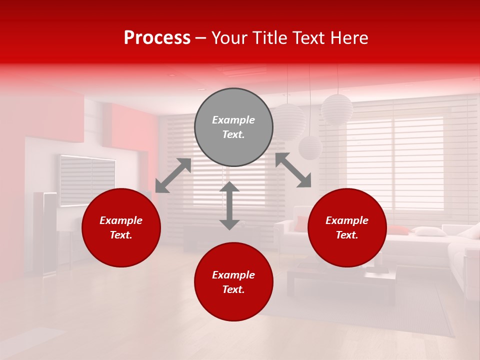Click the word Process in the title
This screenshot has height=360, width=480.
[x=157, y=38]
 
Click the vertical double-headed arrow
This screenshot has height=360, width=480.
[x=229, y=205]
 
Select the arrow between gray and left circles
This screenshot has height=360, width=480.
[x=173, y=175]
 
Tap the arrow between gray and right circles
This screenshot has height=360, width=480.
[x=293, y=170]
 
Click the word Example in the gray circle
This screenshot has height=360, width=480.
[x=233, y=120]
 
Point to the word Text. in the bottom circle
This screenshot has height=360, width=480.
[x=233, y=289]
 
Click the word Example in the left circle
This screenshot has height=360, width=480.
[x=121, y=220]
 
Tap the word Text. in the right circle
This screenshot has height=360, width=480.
[x=347, y=235]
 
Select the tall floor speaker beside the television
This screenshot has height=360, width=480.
[x=45, y=232]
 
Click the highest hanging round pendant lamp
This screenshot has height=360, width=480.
[x=337, y=109]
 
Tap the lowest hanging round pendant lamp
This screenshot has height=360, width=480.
[x=310, y=147]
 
